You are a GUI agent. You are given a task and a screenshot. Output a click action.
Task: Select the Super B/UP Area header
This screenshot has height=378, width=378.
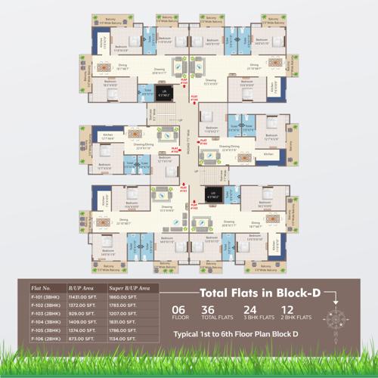click(x=128, y=289)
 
